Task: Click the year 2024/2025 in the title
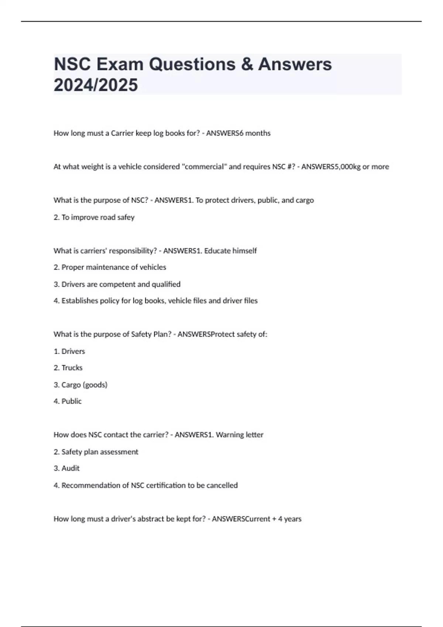(96, 85)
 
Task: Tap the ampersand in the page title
(247, 64)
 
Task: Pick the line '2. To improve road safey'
(94, 217)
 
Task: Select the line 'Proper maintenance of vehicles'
(114, 267)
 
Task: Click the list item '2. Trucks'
(68, 368)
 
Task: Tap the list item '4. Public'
(68, 401)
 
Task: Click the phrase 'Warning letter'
(240, 435)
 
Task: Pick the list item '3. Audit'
(67, 468)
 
